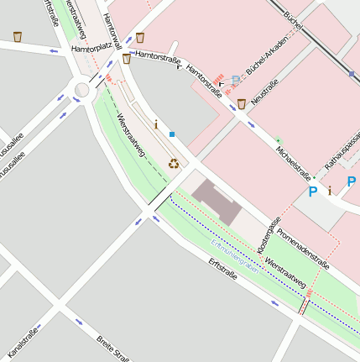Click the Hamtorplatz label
click(x=91, y=50)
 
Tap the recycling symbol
click(x=173, y=163)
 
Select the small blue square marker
click(x=172, y=134)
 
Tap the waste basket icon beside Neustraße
click(x=242, y=103)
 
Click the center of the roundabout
click(x=82, y=89)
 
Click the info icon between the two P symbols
click(x=331, y=191)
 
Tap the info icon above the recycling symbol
click(x=155, y=124)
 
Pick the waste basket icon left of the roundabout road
click(x=18, y=37)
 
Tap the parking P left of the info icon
click(x=313, y=191)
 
